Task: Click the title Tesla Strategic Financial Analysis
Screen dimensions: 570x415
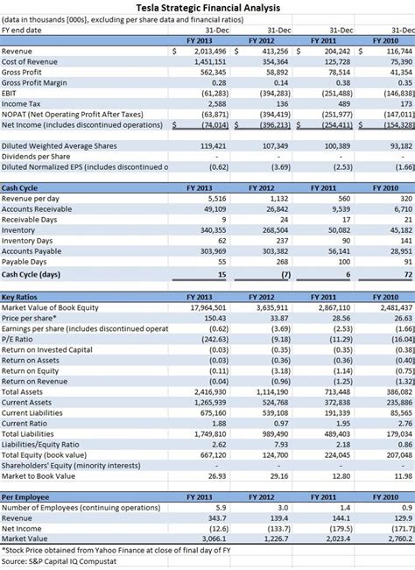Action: tap(207, 7)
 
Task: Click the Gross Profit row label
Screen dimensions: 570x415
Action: tap(25, 73)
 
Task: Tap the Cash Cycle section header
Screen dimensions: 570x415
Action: tap(19, 188)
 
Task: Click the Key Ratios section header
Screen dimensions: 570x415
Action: tap(19, 298)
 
